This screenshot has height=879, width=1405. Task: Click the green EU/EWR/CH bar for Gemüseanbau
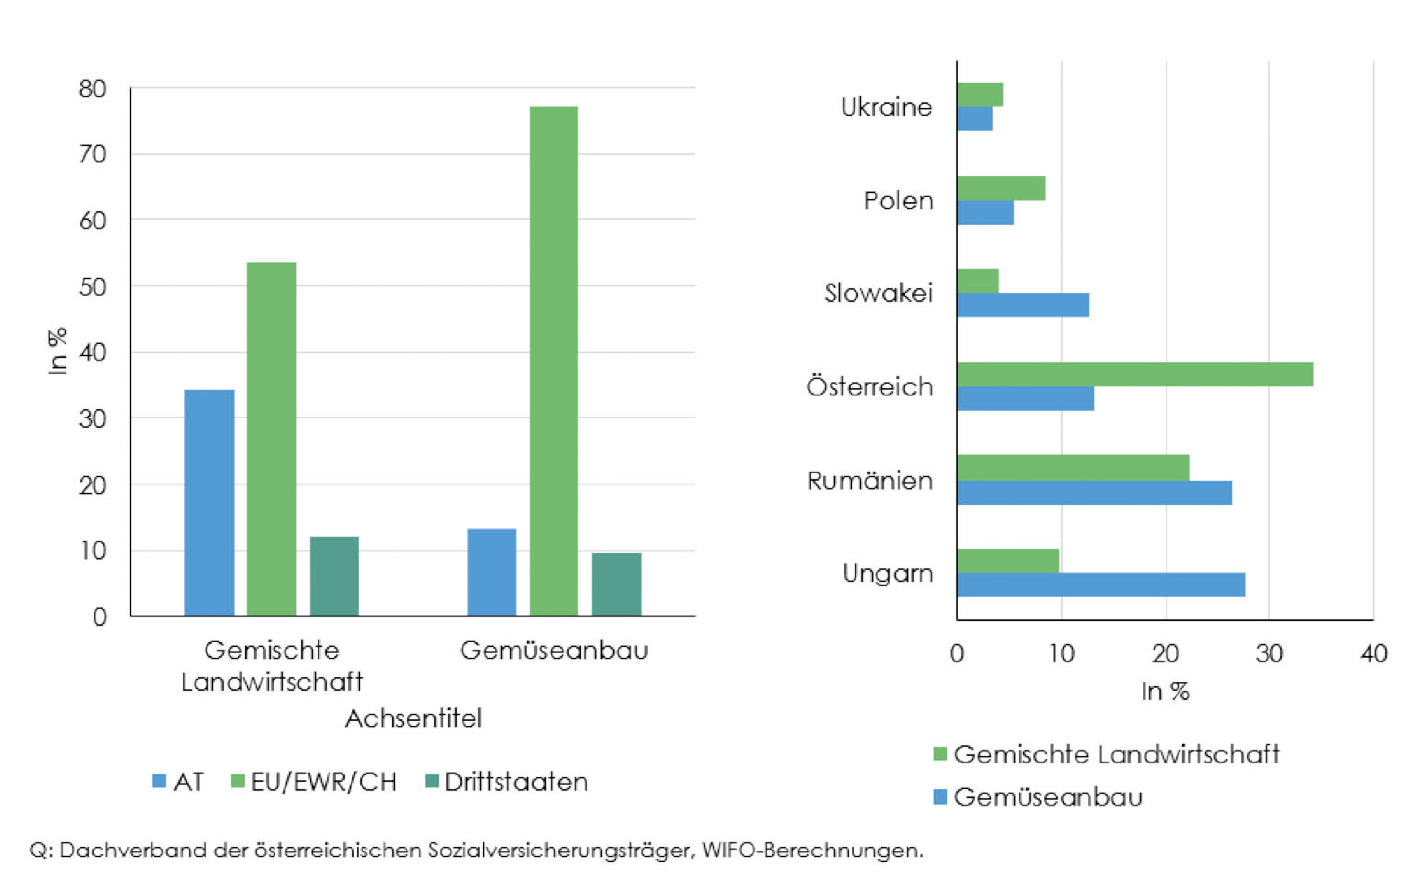(554, 360)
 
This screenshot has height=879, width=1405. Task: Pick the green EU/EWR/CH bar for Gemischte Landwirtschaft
(272, 439)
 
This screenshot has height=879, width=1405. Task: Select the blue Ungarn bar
(1101, 585)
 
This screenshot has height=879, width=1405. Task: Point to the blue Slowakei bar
(1023, 305)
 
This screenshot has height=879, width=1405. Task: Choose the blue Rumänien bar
(1094, 492)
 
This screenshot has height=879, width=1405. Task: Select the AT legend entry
(179, 782)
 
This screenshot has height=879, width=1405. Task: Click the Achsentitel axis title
(413, 718)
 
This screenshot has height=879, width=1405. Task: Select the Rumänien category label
(870, 481)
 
